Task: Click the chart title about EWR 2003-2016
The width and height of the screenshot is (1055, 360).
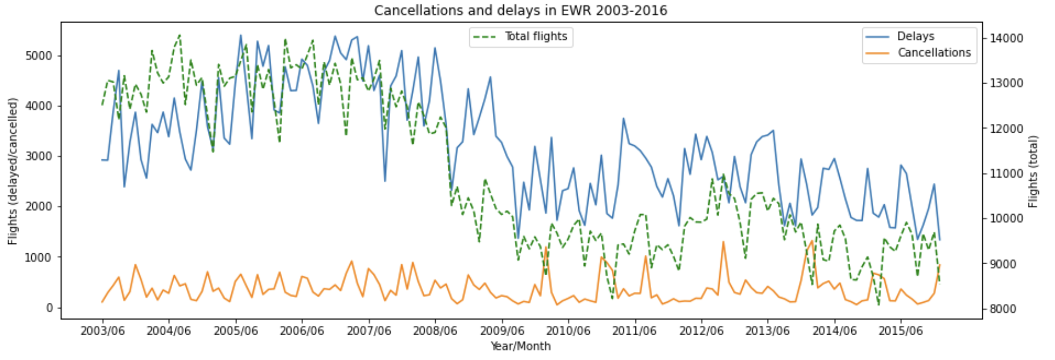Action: tap(520, 10)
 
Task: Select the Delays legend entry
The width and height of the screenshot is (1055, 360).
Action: tap(915, 36)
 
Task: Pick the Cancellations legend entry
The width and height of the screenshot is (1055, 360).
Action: tap(934, 52)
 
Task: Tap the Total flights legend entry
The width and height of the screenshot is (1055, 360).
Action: tap(536, 36)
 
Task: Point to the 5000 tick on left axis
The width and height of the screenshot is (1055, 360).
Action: tap(38, 56)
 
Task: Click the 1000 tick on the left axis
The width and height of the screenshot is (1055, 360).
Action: tap(38, 257)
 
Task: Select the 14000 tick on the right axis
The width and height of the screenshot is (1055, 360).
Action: tap(1007, 38)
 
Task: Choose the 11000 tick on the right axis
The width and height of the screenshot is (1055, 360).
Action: tap(1007, 174)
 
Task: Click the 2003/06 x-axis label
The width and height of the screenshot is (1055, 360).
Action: tap(103, 331)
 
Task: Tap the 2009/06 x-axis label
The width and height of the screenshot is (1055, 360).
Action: tap(502, 331)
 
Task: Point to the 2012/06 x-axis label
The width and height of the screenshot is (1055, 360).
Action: tap(701, 331)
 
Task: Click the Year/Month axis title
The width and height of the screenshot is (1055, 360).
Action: tap(520, 346)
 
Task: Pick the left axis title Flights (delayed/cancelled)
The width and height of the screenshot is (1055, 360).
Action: tap(13, 171)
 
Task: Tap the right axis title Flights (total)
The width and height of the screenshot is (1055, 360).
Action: tap(1033, 171)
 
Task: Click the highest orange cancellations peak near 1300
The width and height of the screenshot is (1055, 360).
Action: tap(723, 242)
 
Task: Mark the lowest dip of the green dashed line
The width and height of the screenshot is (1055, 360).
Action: tap(878, 304)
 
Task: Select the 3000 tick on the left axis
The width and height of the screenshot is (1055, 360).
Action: tap(38, 156)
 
